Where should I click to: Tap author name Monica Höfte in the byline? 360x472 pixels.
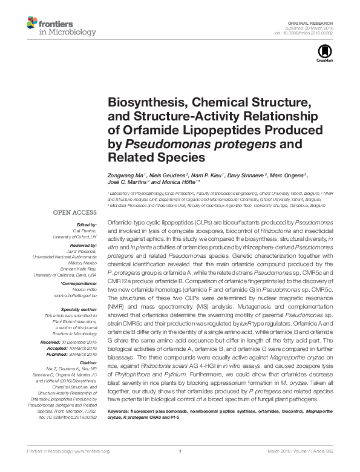click(x=180, y=182)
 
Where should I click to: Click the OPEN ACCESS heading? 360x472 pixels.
click(x=75, y=213)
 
